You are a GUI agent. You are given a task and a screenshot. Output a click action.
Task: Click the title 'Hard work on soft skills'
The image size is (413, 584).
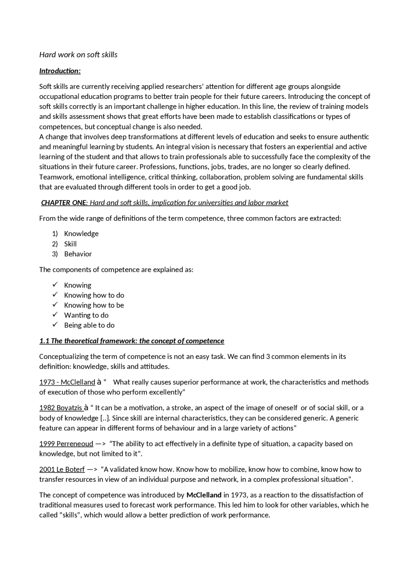[x=78, y=55]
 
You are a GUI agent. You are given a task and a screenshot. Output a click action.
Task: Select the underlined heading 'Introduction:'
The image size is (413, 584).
[x=60, y=71]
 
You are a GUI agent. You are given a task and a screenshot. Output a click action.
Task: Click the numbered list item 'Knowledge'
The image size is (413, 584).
[x=81, y=234]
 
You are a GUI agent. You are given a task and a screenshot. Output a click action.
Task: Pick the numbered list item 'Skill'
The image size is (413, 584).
[x=70, y=244]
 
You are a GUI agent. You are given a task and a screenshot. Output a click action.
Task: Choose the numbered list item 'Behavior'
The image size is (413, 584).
[x=78, y=254]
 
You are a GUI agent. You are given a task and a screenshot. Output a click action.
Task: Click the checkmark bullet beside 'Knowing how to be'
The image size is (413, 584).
[x=55, y=305]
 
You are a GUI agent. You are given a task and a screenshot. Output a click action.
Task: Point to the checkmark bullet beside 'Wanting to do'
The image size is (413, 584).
[x=55, y=315]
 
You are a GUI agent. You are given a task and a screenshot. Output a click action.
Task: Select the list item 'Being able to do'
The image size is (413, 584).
[x=89, y=325]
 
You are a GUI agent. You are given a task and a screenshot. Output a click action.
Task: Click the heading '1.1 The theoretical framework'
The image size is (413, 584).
[x=132, y=341]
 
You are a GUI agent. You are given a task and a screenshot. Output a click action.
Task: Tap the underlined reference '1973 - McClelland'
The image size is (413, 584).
[x=67, y=382]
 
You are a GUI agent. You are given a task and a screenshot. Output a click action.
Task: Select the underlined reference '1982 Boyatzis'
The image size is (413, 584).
[x=61, y=408]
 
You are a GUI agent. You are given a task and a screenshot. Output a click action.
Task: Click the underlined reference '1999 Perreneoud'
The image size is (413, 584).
[x=66, y=444]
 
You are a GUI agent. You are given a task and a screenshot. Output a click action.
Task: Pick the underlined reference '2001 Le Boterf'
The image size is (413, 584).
[x=62, y=470]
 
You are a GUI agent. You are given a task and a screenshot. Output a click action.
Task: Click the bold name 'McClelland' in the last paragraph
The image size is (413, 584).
[x=204, y=495]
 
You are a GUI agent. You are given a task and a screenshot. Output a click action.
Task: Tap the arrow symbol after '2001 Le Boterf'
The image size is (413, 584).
[x=92, y=470]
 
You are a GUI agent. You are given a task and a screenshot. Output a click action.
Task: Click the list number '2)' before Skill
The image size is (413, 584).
[x=55, y=244]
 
